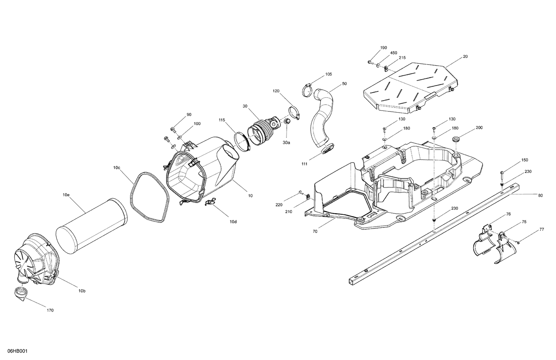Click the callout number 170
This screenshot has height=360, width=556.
click(50, 310)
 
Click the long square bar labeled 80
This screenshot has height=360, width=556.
click(426, 237)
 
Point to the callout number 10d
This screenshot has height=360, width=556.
click(232, 221)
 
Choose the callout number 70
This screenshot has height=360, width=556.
click(315, 231)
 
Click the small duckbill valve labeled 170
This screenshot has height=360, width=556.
click(19, 293)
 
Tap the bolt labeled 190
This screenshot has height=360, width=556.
click(370, 62)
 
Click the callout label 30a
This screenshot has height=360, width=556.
click(287, 142)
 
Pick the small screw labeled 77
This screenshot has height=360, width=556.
click(518, 242)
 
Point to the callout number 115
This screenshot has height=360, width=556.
click(222, 120)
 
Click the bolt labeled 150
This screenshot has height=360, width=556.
click(502, 173)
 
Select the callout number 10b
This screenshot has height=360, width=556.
click(82, 291)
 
